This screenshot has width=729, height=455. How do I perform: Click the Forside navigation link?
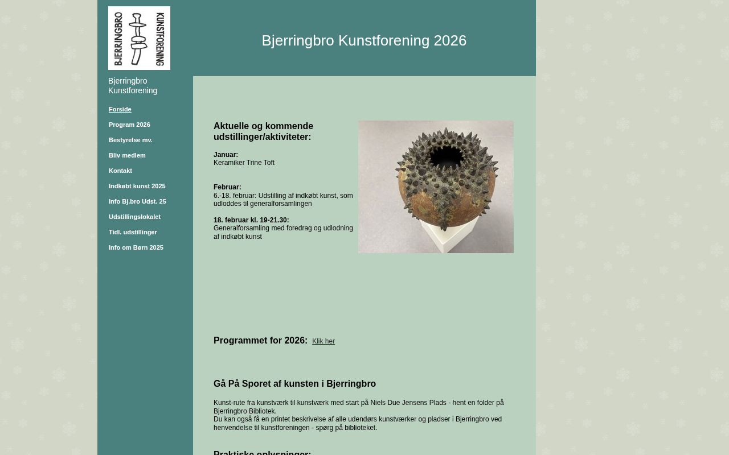120,109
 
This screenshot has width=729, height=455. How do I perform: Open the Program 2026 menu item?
129,125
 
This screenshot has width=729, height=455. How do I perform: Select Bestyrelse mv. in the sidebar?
130,140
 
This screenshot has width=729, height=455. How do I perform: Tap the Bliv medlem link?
127,155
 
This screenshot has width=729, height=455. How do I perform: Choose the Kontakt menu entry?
120,171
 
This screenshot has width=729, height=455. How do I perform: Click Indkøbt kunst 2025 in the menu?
137,186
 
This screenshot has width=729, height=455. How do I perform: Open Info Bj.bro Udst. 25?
137,201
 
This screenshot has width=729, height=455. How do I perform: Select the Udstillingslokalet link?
134,217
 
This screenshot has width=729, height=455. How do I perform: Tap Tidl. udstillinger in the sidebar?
133,232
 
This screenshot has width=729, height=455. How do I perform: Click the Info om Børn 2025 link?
136,247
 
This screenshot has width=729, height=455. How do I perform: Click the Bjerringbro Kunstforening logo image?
139,38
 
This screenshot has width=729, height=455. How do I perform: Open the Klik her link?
323,341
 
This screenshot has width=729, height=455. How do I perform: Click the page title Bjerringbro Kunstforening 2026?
364,40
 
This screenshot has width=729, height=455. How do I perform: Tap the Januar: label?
226,155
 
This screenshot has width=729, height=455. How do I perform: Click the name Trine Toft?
260,163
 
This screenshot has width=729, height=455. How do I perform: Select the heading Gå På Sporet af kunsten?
294,384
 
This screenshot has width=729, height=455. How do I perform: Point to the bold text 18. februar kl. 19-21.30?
251,220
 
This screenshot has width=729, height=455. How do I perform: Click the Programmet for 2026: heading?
260,341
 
